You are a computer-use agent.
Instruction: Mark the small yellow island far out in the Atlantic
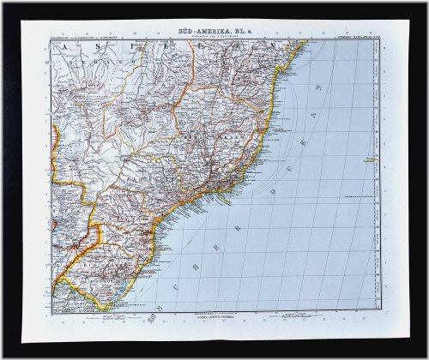click(375, 159)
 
